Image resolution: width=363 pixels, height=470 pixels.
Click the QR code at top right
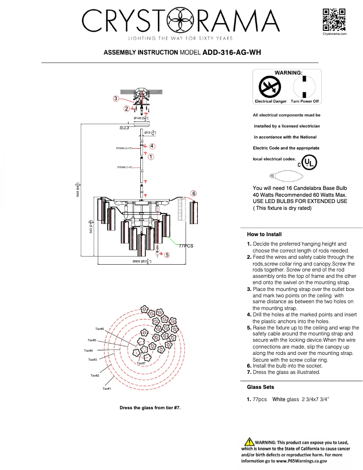[334, 19]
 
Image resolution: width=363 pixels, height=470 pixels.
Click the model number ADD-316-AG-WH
[231, 52]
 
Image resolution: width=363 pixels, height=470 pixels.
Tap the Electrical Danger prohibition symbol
[270, 87]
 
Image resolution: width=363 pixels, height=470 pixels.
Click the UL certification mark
[309, 162]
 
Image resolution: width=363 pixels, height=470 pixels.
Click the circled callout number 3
[116, 98]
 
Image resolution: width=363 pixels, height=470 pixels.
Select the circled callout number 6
[193, 193]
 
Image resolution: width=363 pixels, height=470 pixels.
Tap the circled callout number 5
[167, 255]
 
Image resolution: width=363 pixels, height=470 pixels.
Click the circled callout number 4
[152, 146]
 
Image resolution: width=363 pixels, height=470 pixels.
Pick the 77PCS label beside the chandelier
[186, 245]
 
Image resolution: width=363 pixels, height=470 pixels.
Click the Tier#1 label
[107, 388]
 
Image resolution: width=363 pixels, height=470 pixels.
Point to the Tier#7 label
[141, 363]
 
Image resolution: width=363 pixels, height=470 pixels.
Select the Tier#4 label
[89, 350]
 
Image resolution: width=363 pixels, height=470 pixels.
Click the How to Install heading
[264, 234]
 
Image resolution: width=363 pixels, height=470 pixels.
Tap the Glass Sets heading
[260, 387]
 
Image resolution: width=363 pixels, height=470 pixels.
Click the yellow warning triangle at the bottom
[248, 442]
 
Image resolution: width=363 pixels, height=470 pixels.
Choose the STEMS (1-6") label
[124, 167]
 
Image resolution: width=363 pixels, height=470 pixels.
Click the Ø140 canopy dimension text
[140, 118]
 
